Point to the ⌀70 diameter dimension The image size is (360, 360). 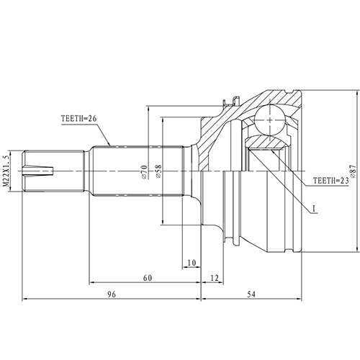click(x=143, y=171)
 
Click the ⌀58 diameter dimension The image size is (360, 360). click(x=159, y=171)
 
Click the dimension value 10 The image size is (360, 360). click(x=191, y=263)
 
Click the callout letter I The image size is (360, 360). click(x=314, y=210)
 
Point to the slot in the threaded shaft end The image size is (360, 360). click(x=40, y=171)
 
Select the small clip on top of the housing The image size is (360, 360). click(x=229, y=104)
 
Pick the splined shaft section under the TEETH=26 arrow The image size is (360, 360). click(x=115, y=171)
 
